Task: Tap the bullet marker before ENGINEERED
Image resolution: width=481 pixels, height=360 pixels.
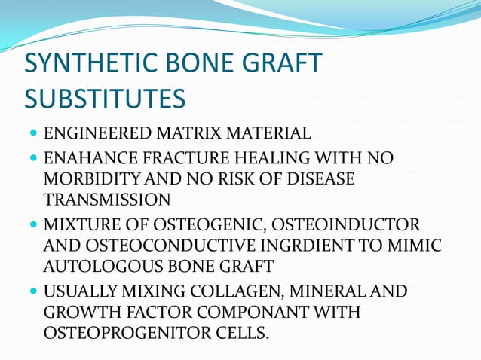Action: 33,135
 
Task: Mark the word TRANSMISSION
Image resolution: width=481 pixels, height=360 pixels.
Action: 107,200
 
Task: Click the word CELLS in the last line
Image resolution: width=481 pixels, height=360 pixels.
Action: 244,332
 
